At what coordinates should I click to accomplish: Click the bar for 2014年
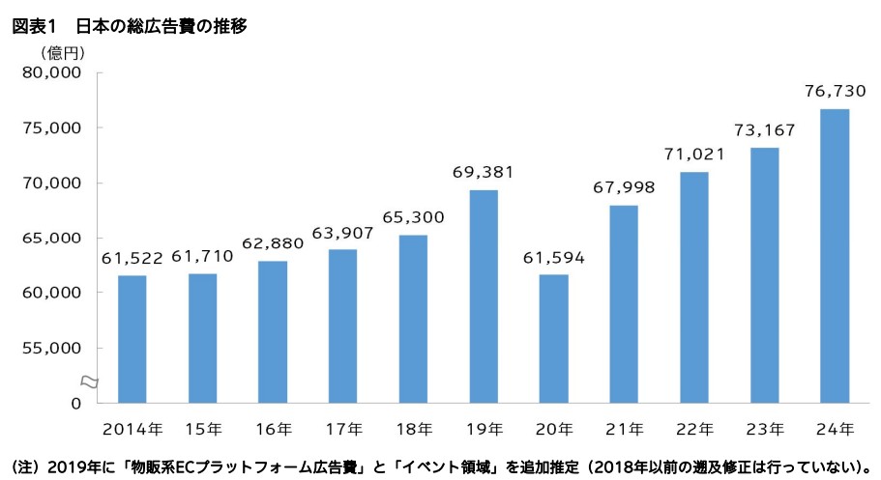click(132, 338)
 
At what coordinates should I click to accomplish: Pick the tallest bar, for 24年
click(834, 255)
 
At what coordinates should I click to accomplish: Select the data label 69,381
click(484, 172)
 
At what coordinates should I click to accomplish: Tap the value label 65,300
click(413, 217)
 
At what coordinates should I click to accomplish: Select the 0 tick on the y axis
click(74, 403)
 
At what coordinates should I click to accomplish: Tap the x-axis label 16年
click(273, 428)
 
